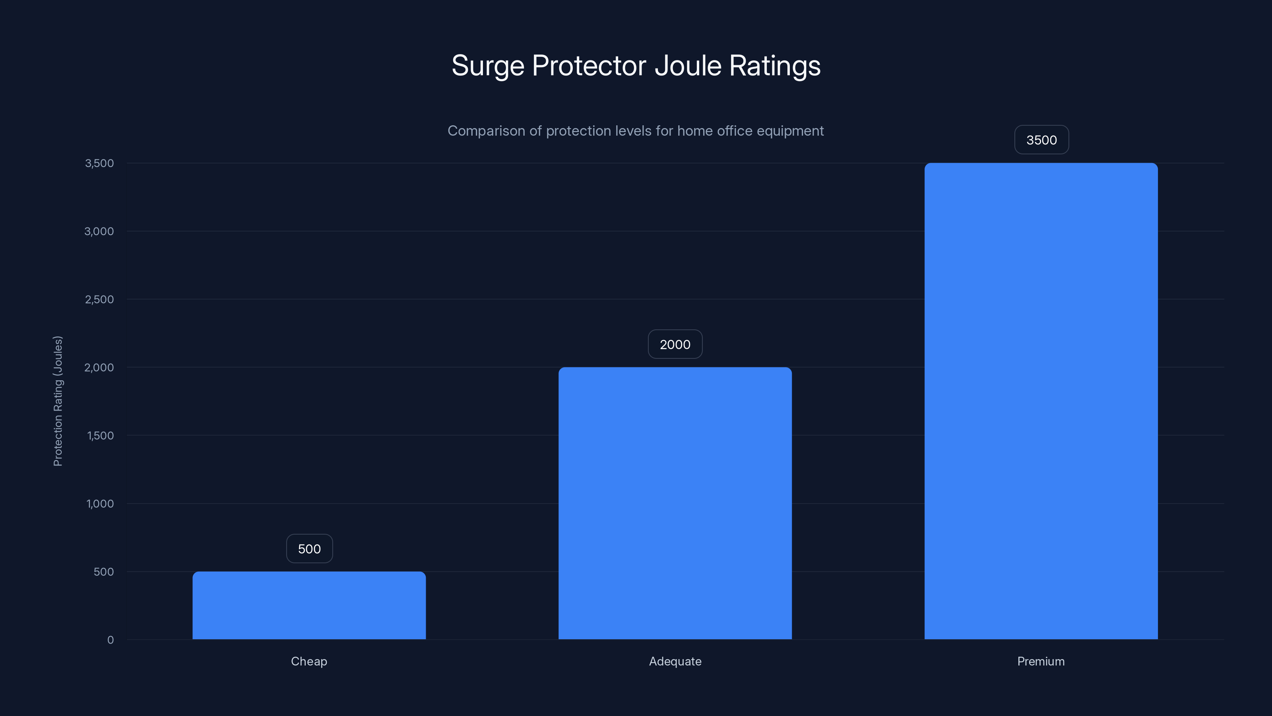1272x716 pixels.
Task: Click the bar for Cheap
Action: [309, 605]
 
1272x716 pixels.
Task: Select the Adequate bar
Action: [675, 503]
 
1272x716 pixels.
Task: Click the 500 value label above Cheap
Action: [310, 549]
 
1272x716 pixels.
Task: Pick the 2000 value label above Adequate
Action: [675, 344]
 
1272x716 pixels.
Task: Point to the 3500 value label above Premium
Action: [1041, 140]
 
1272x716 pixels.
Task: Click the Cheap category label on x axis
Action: [309, 661]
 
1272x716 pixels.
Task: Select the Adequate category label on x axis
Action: [675, 661]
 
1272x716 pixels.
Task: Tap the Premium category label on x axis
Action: [1041, 661]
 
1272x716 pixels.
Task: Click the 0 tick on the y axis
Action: [111, 640]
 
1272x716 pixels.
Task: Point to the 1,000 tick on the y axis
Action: [100, 504]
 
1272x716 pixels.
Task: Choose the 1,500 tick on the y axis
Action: [100, 435]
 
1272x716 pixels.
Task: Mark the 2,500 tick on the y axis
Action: [99, 300]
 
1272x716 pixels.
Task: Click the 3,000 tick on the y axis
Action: [99, 231]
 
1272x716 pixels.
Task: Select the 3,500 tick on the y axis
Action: [99, 163]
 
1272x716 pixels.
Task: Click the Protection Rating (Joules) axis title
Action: [58, 401]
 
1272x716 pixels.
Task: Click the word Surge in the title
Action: [487, 66]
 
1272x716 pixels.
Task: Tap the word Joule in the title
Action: [688, 65]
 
